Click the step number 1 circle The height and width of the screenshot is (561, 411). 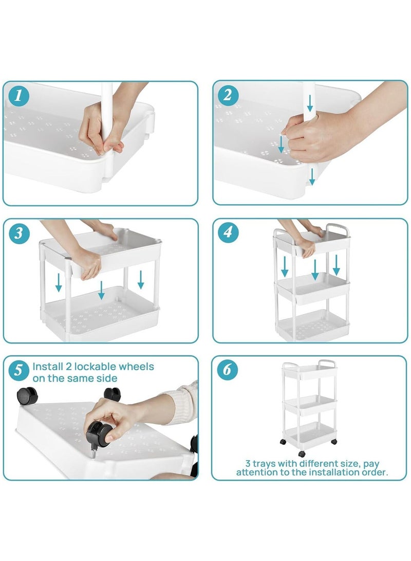tap(18, 96)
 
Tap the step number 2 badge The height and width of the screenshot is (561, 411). tap(228, 95)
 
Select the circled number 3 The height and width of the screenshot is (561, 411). tap(18, 233)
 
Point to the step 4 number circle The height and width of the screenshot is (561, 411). tap(228, 232)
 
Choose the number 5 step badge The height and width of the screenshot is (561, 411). tap(18, 370)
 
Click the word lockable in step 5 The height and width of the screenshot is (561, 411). tap(95, 366)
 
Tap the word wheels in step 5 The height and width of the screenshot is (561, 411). tap(137, 366)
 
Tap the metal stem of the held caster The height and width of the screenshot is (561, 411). tap(93, 452)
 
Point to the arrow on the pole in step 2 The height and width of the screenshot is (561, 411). tap(310, 103)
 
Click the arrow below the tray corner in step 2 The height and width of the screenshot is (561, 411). tap(312, 177)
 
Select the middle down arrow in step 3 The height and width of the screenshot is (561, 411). tap(102, 290)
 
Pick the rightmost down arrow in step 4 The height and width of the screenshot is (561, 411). tap(337, 265)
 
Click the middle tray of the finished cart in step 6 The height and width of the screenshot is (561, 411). tap(310, 405)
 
